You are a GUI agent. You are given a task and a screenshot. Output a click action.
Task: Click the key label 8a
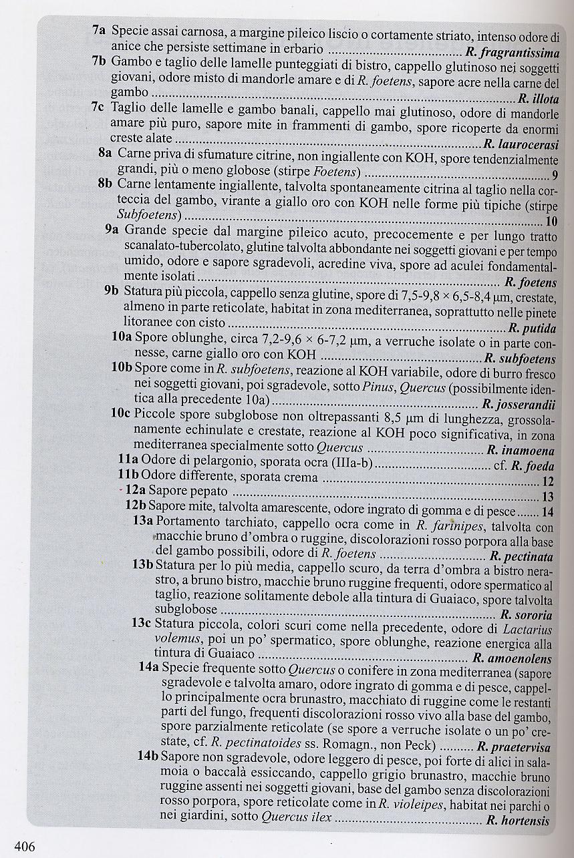pos(105,153)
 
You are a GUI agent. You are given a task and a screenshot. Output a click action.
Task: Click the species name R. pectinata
pos(521,556)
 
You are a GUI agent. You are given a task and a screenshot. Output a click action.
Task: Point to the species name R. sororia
pos(526,615)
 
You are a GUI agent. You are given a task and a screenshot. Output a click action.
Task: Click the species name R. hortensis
pos(518,821)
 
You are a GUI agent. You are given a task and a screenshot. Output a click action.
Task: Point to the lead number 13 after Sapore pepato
pos(548,496)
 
